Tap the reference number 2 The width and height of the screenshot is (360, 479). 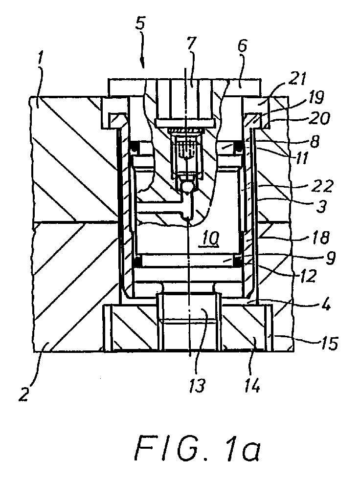24,392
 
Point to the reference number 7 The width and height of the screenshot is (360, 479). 192,47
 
